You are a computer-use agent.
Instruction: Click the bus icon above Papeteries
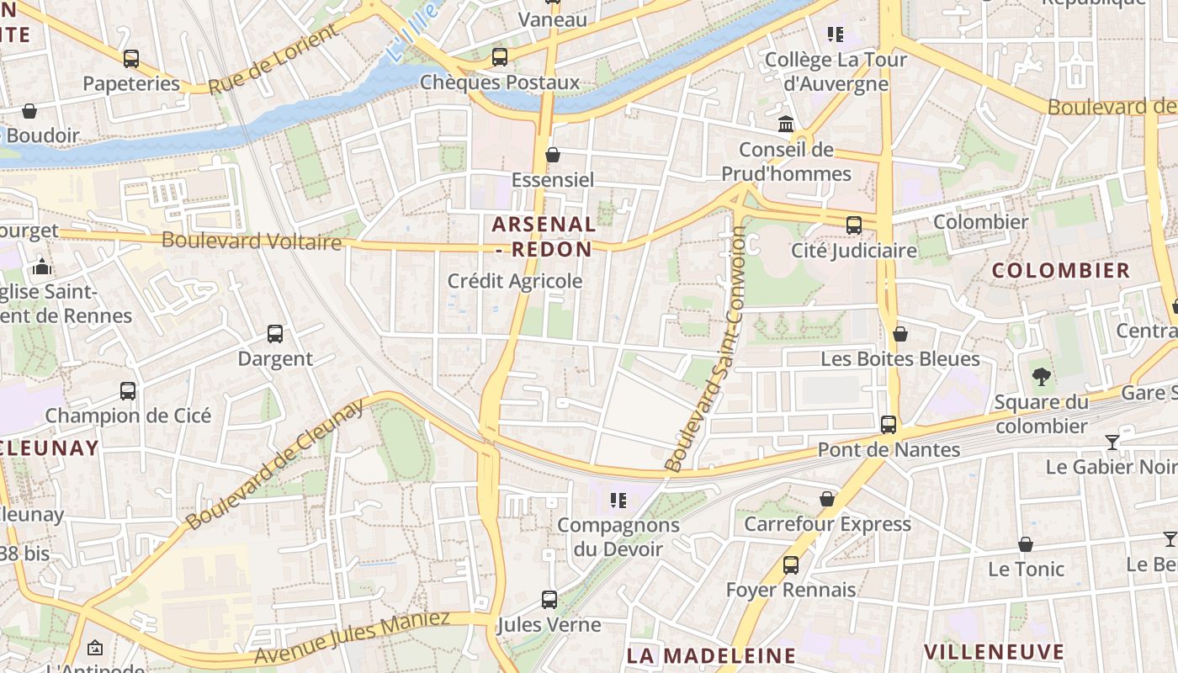point(131,59)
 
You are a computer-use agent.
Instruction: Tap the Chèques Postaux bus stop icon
point(500,57)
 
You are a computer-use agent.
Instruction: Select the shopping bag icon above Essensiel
point(553,155)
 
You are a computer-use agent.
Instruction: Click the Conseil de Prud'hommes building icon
point(786,125)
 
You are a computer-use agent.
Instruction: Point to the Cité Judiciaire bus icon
point(854,225)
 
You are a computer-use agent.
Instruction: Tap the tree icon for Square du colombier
point(1041,377)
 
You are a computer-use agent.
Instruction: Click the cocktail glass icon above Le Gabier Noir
point(1112,442)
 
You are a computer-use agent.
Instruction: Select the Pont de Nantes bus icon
point(889,425)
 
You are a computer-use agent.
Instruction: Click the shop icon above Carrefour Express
point(827,499)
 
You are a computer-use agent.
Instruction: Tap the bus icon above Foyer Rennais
point(791,565)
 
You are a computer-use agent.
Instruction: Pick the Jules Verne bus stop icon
point(549,600)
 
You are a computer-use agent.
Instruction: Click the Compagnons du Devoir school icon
point(618,501)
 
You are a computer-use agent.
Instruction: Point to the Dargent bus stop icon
point(275,334)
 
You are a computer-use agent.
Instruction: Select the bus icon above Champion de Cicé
point(128,391)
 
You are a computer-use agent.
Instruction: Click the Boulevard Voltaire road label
point(252,241)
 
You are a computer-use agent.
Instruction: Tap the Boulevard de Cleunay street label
point(275,464)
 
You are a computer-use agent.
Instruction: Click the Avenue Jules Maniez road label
point(352,637)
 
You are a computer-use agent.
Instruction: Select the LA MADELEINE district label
point(712,654)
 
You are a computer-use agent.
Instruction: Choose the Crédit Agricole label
point(515,281)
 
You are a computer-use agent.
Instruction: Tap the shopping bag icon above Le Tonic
point(1026,544)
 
